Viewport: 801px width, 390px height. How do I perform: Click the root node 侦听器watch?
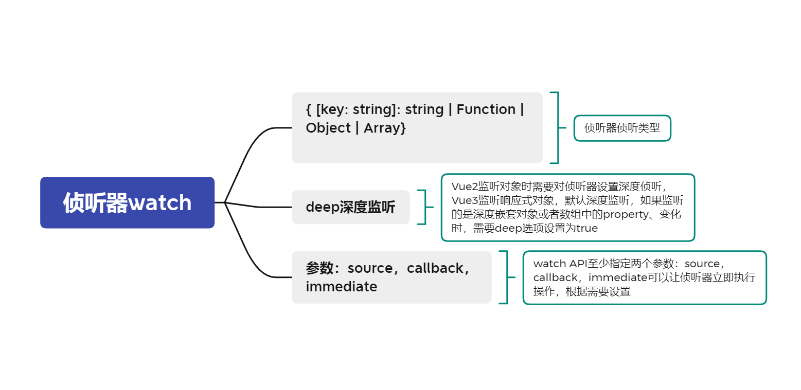click(127, 202)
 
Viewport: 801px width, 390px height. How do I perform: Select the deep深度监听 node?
click(350, 207)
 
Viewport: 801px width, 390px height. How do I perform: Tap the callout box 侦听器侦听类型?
click(622, 128)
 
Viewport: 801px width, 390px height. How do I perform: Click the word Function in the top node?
click(486, 109)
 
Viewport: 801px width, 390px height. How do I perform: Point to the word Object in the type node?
click(328, 128)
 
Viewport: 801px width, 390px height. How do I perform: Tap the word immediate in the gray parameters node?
click(341, 286)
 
